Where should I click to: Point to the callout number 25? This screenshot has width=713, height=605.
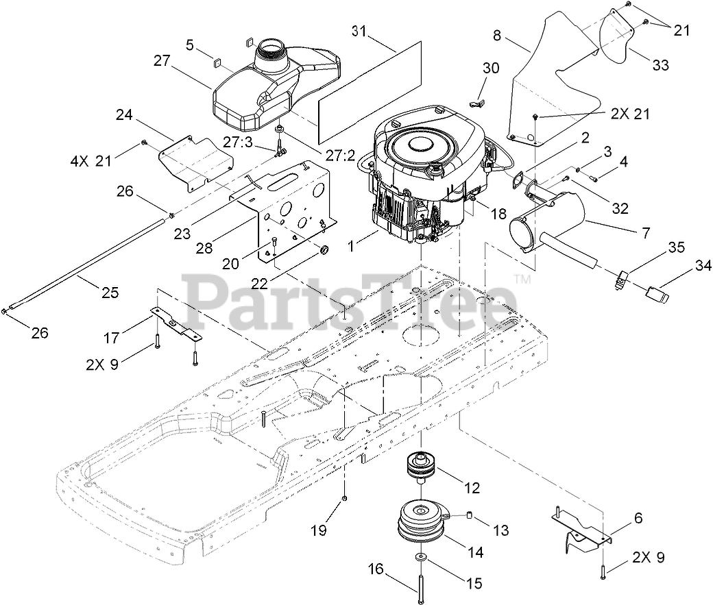click(109, 293)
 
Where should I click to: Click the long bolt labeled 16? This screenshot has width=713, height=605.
click(418, 583)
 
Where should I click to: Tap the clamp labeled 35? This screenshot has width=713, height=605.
click(622, 277)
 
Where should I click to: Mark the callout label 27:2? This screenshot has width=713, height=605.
click(341, 156)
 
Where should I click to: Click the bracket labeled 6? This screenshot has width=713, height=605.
click(583, 529)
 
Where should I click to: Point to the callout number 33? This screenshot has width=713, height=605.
click(660, 65)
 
